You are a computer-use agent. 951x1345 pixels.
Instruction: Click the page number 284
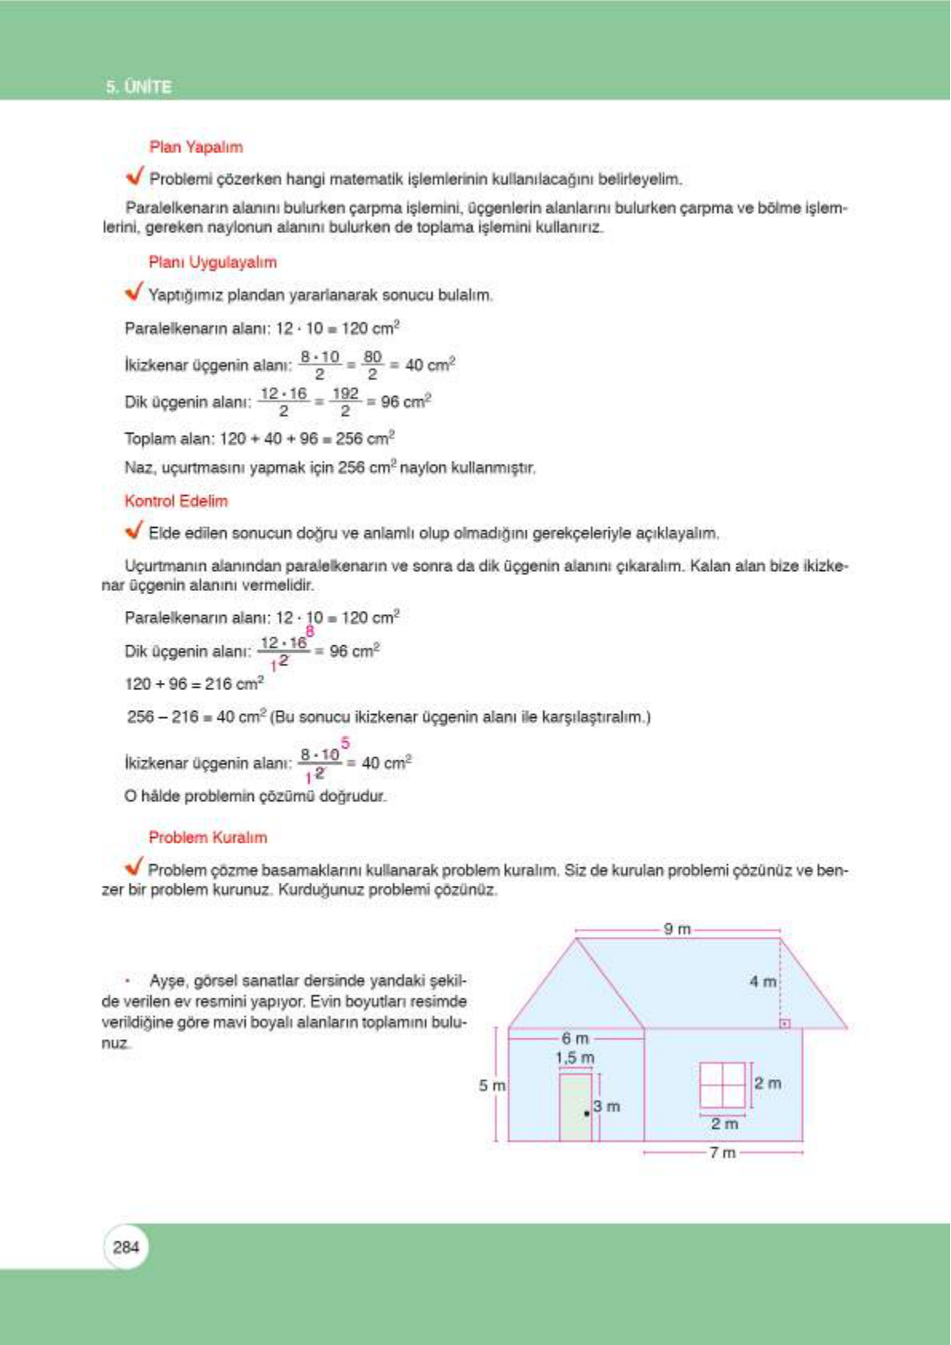pyautogui.click(x=126, y=1247)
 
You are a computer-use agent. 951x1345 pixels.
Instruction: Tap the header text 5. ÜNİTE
pyautogui.click(x=139, y=87)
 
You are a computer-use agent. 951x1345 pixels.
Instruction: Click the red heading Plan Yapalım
pyautogui.click(x=196, y=147)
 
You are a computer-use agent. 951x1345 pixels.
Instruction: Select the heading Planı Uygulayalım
pyautogui.click(x=212, y=262)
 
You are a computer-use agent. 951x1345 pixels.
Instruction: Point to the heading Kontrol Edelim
pyautogui.click(x=176, y=501)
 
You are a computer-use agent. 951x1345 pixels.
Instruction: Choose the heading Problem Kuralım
pyautogui.click(x=208, y=837)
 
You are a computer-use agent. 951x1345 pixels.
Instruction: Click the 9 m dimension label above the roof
pyautogui.click(x=677, y=929)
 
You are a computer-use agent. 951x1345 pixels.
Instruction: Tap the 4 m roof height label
pyautogui.click(x=763, y=981)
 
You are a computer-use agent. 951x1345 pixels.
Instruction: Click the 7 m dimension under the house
pyautogui.click(x=723, y=1153)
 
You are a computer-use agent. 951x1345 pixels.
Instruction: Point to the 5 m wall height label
pyautogui.click(x=492, y=1085)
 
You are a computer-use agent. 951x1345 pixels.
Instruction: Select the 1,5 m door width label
pyautogui.click(x=575, y=1057)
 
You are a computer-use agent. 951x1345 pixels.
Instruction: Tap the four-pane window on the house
pyautogui.click(x=722, y=1085)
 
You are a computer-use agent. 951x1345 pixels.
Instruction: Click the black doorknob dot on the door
pyautogui.click(x=587, y=1113)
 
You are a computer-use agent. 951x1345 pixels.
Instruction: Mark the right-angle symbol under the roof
pyautogui.click(x=784, y=1023)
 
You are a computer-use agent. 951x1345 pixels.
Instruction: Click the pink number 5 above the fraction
pyautogui.click(x=345, y=744)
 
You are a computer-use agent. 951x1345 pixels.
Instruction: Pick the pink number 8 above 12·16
pyautogui.click(x=310, y=631)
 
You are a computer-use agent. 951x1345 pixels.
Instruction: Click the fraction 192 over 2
pyautogui.click(x=345, y=402)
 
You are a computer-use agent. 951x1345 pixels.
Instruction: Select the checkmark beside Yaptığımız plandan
pyautogui.click(x=134, y=292)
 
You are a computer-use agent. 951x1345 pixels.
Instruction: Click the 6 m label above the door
pyautogui.click(x=575, y=1038)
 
